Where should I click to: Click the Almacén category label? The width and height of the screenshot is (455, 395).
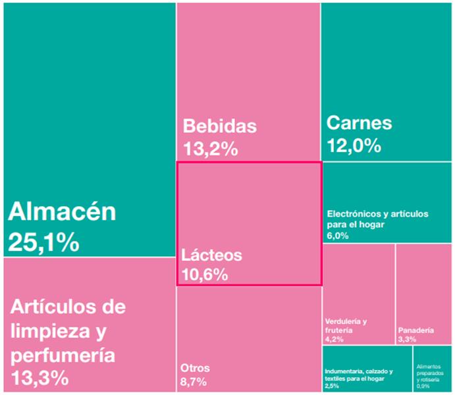tap(62, 213)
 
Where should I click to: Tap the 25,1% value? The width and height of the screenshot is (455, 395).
tap(43, 244)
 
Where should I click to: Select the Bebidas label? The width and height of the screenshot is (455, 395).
tap(219, 126)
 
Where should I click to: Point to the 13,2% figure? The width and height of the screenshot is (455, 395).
tap(210, 149)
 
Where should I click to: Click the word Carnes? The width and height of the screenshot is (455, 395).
tap(359, 122)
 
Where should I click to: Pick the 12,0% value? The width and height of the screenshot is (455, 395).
tap(354, 145)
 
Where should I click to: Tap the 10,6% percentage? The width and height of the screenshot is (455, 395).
tap(205, 274)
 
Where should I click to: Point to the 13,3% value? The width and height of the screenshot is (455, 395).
tap(39, 379)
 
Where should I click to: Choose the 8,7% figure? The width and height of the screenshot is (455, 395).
tap(194, 382)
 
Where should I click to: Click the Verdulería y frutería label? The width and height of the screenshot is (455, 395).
tap(346, 325)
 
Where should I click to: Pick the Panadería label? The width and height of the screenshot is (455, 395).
tap(415, 330)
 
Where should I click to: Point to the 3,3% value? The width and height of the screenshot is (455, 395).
tap(406, 340)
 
